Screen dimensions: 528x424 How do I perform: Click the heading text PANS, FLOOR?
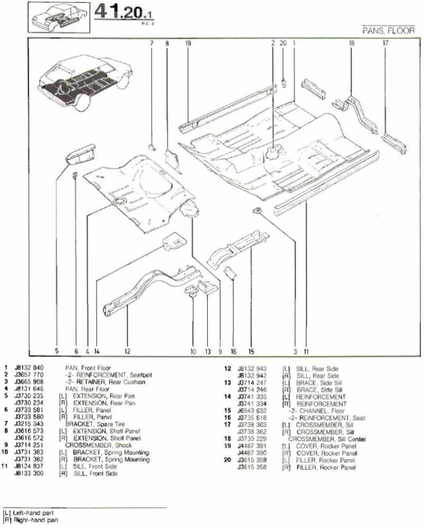point(388,31)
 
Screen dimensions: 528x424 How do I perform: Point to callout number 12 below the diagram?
point(127,350)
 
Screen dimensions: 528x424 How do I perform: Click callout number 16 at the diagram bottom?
point(233,350)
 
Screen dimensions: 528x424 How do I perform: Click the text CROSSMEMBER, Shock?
point(91,445)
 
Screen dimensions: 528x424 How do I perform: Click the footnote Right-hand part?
point(33,520)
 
